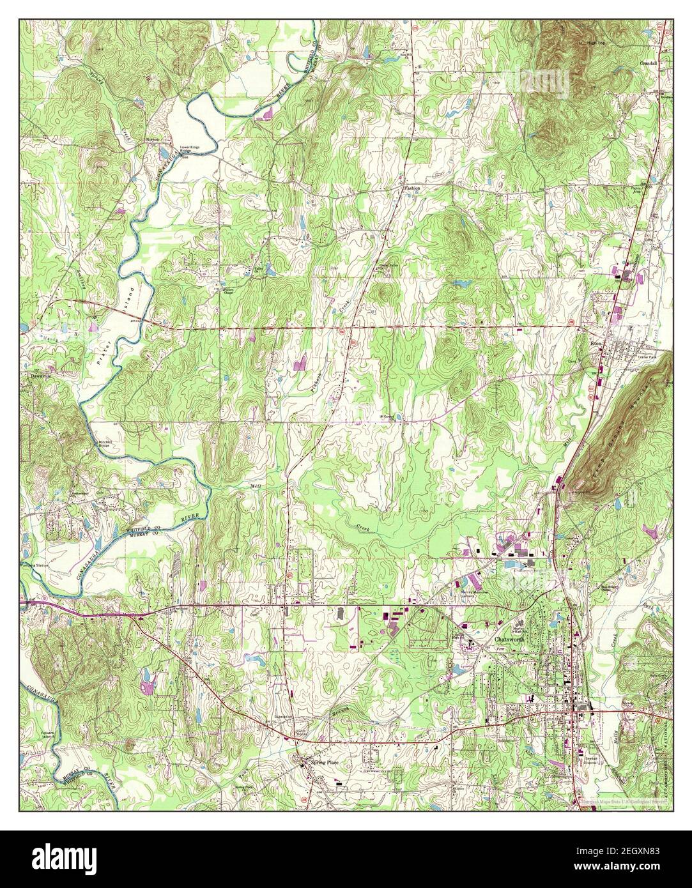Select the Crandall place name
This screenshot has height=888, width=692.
pyautogui.click(x=649, y=64)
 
